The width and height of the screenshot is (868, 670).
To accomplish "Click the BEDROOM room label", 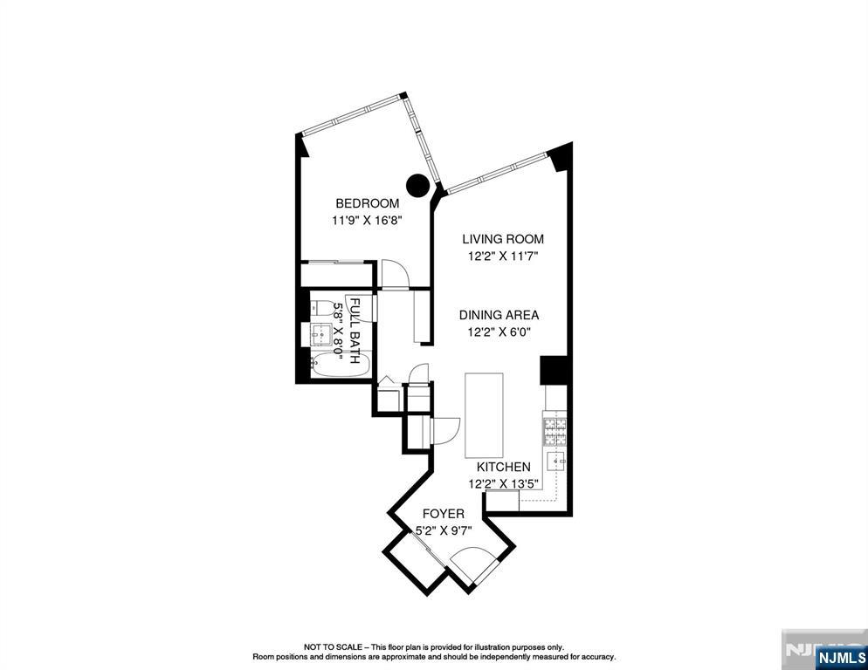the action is [367, 203].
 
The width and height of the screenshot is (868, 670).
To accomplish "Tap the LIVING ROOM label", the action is [503, 239].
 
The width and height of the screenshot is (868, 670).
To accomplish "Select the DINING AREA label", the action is [499, 315].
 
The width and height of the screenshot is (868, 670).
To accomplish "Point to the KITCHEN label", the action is [504, 467].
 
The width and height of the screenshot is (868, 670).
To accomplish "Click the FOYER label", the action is [444, 514].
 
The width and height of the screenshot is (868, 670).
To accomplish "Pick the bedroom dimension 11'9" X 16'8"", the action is [367, 220].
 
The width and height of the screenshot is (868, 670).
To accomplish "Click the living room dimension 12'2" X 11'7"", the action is [503, 256].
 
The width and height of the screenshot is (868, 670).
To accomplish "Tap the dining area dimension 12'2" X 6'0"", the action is [499, 332].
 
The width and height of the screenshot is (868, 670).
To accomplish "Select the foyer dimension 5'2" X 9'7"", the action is [444, 530].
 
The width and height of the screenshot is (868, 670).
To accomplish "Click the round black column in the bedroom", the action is [418, 185].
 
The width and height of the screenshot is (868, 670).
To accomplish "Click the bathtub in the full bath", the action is [339, 366].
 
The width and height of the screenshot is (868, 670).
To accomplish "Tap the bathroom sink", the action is [320, 333].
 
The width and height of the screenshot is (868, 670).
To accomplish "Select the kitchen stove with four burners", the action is [555, 432].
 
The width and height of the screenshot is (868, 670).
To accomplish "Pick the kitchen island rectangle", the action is [484, 415].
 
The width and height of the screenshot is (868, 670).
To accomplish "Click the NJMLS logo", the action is [841, 657].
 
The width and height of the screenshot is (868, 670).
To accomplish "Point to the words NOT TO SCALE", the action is [332, 646].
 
